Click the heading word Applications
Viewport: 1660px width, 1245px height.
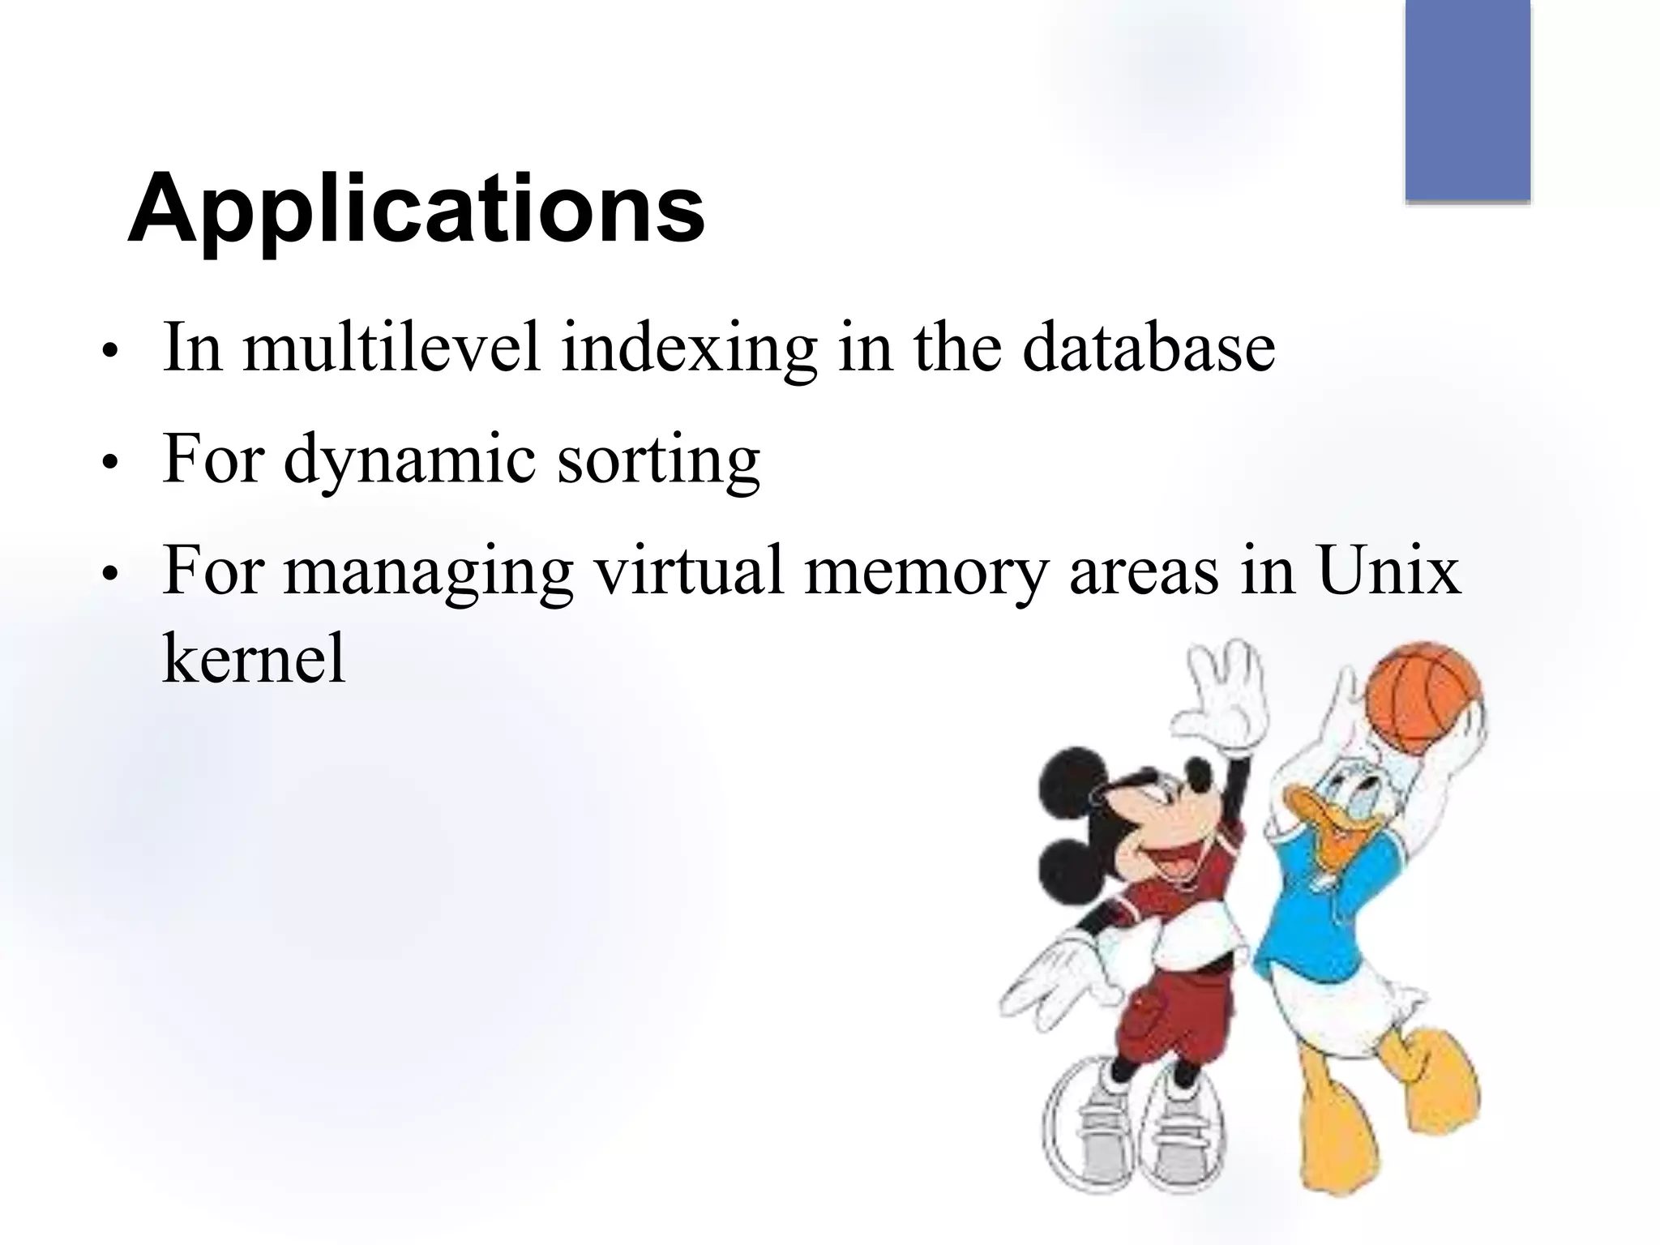tap(416, 209)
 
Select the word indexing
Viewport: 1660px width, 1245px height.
tap(689, 349)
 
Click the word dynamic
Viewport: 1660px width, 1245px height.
tap(409, 460)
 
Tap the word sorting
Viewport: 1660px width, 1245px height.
tap(658, 460)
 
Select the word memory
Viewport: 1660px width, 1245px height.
tap(925, 572)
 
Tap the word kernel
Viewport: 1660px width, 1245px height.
tap(255, 657)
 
